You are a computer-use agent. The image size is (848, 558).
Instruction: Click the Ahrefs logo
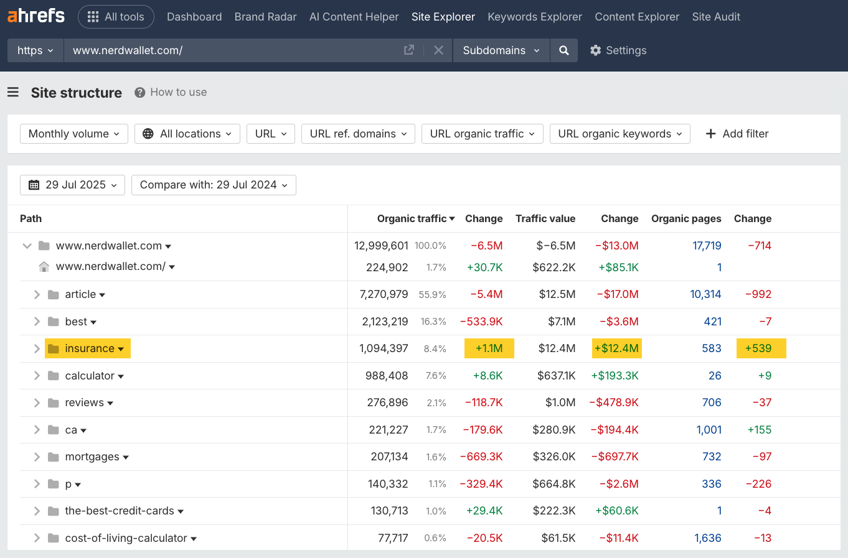[35, 16]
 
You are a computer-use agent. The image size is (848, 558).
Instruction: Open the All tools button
[116, 17]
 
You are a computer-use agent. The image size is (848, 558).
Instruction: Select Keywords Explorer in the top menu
[534, 17]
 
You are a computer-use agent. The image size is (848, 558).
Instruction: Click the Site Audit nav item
[715, 17]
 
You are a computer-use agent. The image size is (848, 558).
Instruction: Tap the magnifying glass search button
[563, 50]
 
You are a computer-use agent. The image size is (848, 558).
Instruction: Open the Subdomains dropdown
[501, 50]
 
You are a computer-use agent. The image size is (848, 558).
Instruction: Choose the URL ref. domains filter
[358, 134]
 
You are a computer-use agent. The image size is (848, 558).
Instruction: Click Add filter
[737, 134]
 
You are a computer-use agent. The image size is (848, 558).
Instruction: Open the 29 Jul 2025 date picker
[72, 185]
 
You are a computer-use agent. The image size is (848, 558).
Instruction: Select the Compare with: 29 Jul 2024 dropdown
[214, 185]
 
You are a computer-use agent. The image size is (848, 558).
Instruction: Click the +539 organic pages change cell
[760, 348]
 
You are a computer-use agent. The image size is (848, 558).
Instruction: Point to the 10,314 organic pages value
[705, 294]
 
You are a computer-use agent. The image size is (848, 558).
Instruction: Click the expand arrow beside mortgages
[37, 457]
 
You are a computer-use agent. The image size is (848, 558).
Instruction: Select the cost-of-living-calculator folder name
[126, 538]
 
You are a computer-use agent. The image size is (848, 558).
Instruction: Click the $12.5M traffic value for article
[557, 294]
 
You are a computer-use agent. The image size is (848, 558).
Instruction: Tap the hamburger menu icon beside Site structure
[13, 93]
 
